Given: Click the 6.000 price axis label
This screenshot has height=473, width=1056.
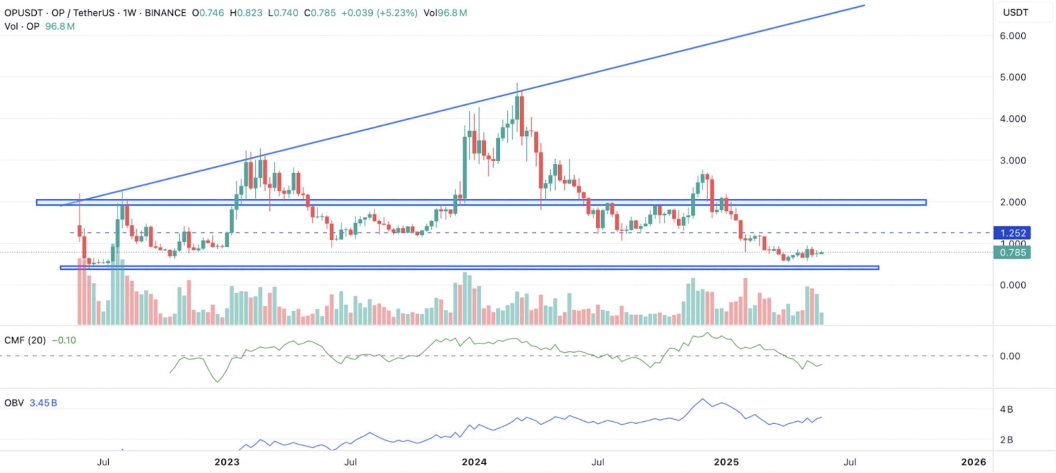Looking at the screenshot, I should (x=1013, y=36).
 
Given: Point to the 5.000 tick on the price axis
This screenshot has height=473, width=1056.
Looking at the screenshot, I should (x=1013, y=77).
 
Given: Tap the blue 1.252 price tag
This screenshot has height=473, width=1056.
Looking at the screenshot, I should (x=1012, y=233).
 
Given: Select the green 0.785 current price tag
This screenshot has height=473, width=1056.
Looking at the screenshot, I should (x=1012, y=252).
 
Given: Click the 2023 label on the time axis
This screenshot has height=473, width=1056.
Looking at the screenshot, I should (x=227, y=461).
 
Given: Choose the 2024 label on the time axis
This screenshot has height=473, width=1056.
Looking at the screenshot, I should (x=474, y=461).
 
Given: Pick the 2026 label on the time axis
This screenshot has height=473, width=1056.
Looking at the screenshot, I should (x=973, y=461).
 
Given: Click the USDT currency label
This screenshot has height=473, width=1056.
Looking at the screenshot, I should (x=1015, y=12).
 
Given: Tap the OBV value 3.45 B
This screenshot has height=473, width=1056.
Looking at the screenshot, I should (x=43, y=403).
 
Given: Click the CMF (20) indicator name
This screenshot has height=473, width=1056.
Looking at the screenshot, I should (x=25, y=340).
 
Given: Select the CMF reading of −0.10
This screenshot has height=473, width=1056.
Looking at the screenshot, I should (x=64, y=340).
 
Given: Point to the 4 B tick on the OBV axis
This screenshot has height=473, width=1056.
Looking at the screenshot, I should (x=1006, y=409).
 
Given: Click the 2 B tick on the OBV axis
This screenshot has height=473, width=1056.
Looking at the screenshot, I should (x=1006, y=440).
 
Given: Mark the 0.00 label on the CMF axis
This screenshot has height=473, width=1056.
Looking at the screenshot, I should (x=1009, y=356).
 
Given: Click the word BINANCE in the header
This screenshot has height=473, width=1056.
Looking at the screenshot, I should (x=165, y=13).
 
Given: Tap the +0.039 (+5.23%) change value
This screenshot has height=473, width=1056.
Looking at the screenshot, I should (x=379, y=13).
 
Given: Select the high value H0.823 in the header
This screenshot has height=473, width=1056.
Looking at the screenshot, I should (x=246, y=13).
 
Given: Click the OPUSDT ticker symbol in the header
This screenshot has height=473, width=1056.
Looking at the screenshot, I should (x=24, y=13).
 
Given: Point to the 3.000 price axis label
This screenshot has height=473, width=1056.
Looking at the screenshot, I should (x=1013, y=161).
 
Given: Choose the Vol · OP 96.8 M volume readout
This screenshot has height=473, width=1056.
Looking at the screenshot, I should (x=39, y=26).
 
